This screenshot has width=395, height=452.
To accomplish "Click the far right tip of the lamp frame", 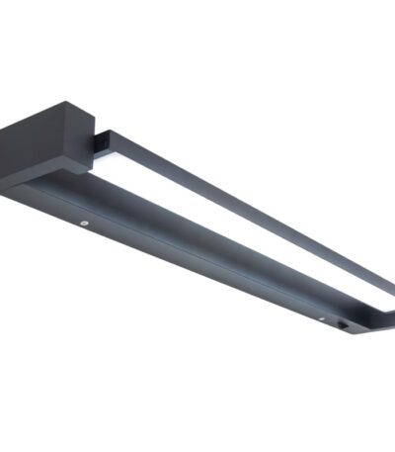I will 392,315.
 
